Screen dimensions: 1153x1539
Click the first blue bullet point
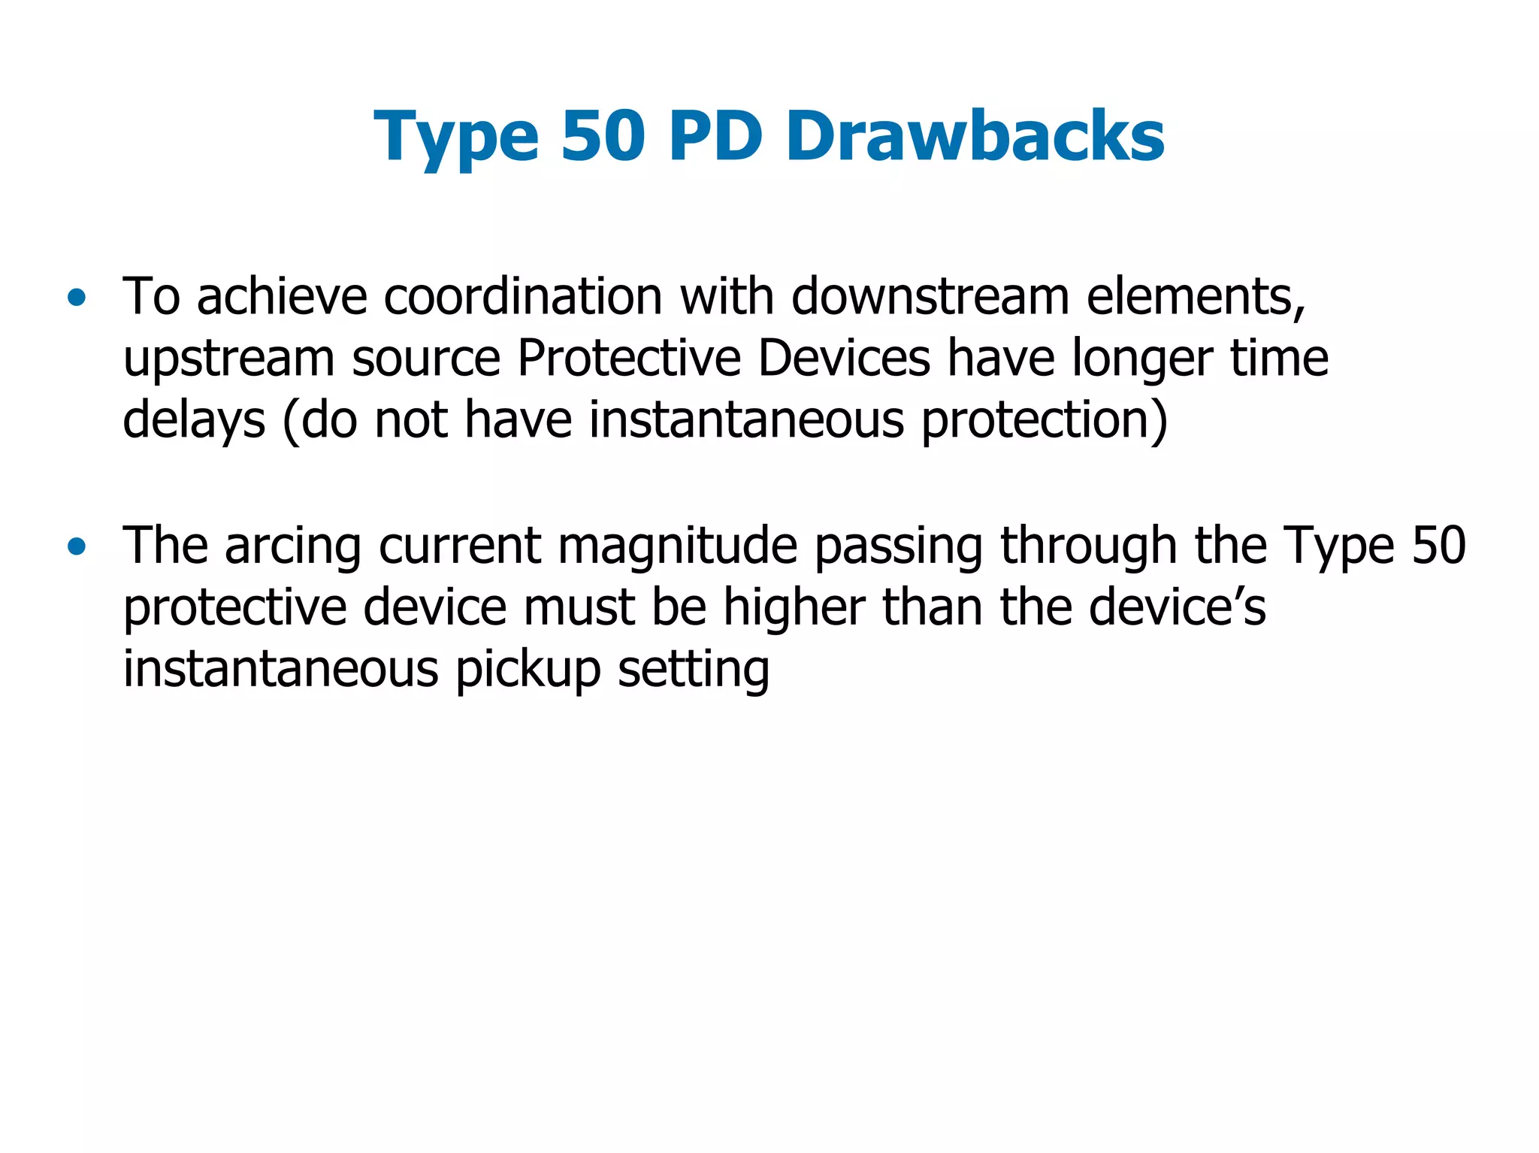[76, 298]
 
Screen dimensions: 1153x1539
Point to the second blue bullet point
[76, 547]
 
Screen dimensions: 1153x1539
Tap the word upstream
[228, 359]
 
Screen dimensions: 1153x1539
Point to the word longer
[1141, 359]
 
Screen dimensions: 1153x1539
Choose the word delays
[194, 421]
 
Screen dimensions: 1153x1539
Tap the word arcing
[293, 547]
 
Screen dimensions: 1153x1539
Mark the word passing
[898, 547]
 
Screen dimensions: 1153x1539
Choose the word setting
[693, 670]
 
